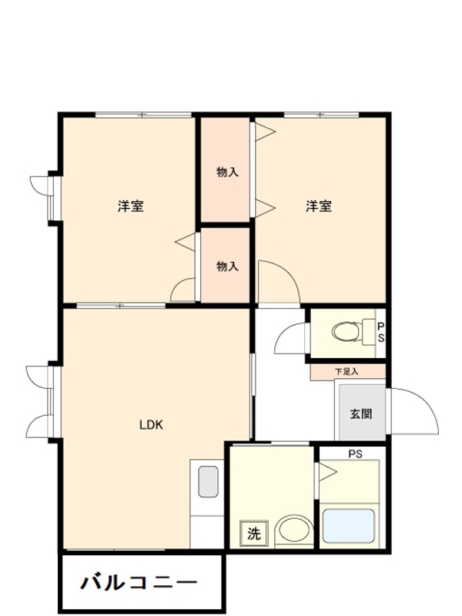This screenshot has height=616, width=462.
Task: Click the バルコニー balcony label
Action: click(x=139, y=581)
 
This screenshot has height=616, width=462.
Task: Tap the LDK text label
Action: click(x=152, y=424)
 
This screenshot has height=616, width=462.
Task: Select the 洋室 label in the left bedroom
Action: click(x=130, y=206)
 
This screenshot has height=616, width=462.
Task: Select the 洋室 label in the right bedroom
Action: click(x=319, y=206)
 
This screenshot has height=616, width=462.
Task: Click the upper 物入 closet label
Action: click(x=226, y=172)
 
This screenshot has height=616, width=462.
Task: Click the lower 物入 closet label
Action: click(x=226, y=266)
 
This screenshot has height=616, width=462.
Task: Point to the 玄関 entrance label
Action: click(x=361, y=413)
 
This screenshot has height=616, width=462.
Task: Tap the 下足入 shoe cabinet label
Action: click(x=346, y=372)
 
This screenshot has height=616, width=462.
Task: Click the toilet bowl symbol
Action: click(x=346, y=333)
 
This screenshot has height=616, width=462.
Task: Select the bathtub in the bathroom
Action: click(x=349, y=526)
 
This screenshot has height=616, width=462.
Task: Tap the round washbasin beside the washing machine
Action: click(x=293, y=531)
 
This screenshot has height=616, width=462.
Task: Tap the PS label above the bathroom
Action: click(x=355, y=454)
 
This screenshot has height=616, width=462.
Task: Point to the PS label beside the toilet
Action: click(x=380, y=333)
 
